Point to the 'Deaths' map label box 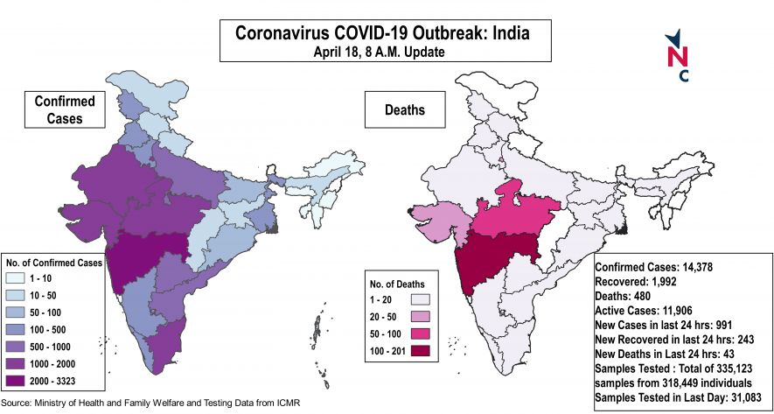(405, 110)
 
